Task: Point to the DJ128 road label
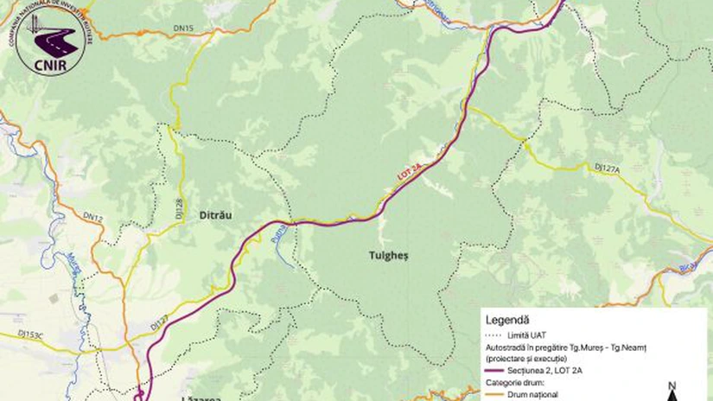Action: tap(179, 207)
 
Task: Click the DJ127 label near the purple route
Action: tap(158, 322)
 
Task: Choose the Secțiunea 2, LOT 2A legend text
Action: tap(551, 368)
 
